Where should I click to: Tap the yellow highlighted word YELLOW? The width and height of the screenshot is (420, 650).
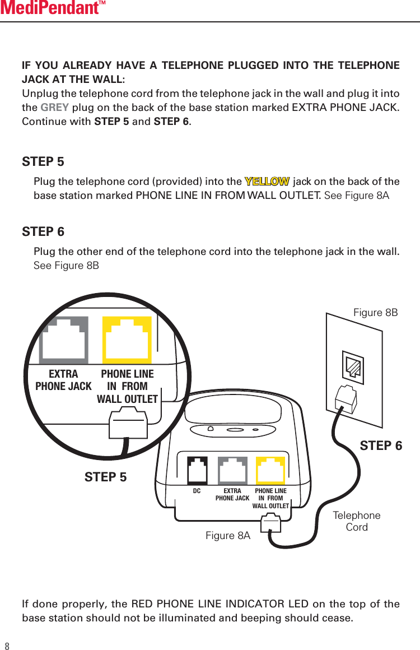(267, 182)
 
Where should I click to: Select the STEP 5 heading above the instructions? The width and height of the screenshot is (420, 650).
(43, 162)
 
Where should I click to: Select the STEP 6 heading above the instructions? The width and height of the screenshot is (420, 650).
(43, 231)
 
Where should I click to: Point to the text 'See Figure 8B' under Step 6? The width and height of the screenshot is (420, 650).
(66, 265)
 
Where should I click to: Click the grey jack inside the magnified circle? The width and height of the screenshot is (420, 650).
(63, 340)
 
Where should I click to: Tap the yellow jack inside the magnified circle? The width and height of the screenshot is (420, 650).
(127, 340)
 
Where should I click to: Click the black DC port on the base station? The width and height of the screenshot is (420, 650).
(197, 471)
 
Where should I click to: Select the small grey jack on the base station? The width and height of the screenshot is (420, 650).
(232, 471)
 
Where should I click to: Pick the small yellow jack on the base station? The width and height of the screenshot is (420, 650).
(270, 471)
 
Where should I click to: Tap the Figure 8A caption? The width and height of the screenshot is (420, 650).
(228, 536)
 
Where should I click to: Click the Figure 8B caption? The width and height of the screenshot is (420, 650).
(375, 313)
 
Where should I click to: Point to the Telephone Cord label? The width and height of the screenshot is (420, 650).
(357, 521)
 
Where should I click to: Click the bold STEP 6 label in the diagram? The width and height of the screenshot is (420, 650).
(381, 446)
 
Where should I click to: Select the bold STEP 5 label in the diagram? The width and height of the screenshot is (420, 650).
(105, 477)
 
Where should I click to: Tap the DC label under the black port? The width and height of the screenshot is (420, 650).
(197, 491)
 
